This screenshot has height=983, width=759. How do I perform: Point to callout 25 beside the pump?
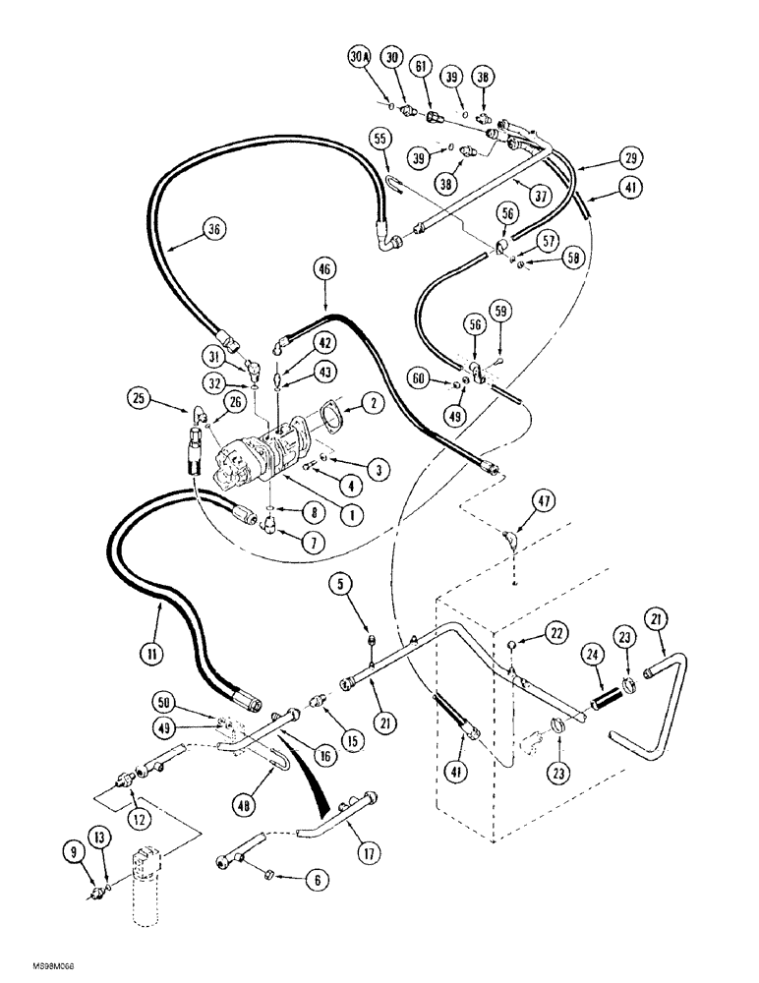139,400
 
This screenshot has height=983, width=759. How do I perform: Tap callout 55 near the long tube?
379,139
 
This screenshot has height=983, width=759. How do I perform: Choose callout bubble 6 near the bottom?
286,883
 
